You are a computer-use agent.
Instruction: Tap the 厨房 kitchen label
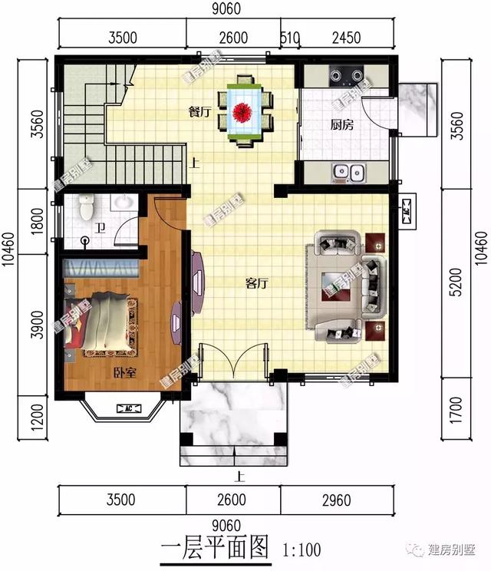click(341, 125)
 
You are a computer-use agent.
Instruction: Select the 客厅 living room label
click(256, 283)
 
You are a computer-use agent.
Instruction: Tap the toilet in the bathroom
click(86, 206)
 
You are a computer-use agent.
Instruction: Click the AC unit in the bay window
click(124, 409)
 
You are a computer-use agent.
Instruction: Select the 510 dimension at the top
click(290, 38)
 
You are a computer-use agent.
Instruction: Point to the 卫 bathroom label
click(100, 227)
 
